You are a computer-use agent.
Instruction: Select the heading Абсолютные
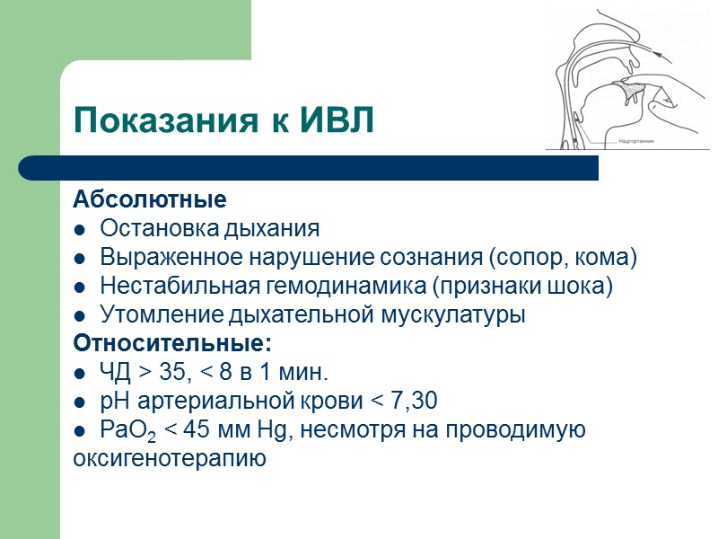[x=149, y=199]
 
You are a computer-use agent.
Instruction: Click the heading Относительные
[x=171, y=344]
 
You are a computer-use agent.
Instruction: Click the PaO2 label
[x=127, y=431]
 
